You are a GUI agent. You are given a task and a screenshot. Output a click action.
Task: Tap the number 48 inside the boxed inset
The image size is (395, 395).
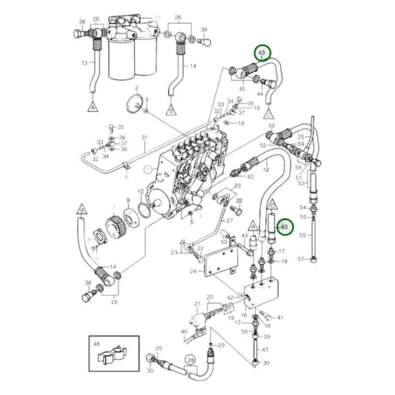[96, 345]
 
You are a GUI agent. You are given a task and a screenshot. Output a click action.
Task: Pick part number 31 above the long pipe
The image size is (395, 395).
[145, 138]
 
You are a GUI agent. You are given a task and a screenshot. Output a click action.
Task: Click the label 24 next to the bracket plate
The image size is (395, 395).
[193, 271]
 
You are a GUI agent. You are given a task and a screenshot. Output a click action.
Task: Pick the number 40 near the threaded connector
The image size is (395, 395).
[249, 177]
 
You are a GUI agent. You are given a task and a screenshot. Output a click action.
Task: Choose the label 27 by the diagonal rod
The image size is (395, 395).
[230, 220]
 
